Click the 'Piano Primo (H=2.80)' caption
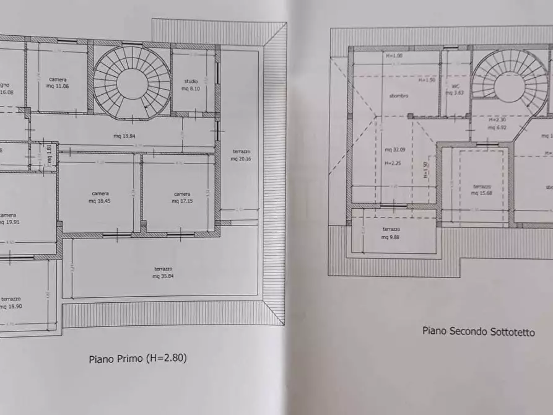137,358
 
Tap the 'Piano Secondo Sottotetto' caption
479,331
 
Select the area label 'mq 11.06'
58,85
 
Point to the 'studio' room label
191,81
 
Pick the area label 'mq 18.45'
100,200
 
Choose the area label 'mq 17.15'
181,200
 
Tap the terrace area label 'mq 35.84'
164,276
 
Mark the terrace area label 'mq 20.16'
242,159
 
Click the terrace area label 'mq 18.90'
11,306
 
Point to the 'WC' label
455,87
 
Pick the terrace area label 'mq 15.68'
482,191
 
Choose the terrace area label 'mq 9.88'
391,237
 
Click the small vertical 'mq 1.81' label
50,150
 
